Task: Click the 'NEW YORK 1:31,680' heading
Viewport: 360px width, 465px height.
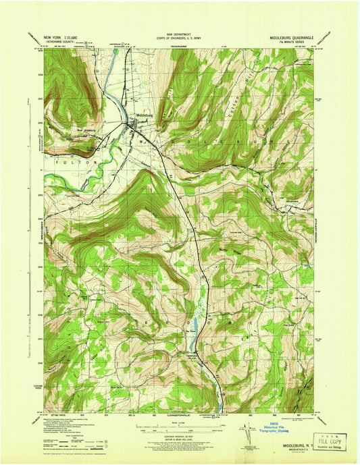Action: point(61,36)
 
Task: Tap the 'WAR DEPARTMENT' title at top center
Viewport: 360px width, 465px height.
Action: point(179,33)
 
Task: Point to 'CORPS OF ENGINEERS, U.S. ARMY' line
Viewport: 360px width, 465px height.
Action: point(179,37)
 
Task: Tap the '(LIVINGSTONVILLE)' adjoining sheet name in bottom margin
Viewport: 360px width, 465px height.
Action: point(180,412)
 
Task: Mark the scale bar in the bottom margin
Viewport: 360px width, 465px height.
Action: point(179,426)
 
